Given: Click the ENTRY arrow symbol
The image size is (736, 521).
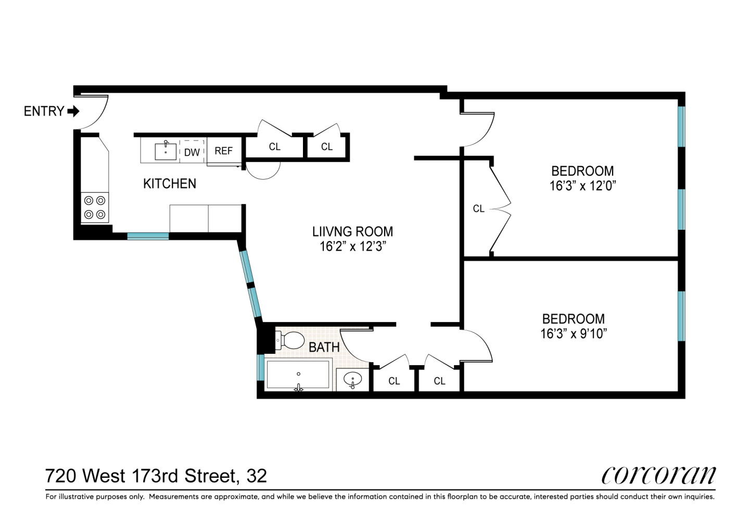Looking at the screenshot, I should (73, 111).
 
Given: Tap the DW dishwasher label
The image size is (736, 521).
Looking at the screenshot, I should (192, 153).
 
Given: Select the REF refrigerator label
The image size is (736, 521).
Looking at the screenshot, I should (223, 151).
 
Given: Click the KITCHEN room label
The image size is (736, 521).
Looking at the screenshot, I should (170, 183).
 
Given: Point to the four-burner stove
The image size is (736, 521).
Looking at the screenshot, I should (95, 207).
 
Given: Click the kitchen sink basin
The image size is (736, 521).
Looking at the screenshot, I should (166, 152).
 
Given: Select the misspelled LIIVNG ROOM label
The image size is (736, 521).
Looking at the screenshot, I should (352, 231).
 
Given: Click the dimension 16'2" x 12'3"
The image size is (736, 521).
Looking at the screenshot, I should (352, 246).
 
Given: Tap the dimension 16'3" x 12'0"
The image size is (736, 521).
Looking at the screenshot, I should (582, 186).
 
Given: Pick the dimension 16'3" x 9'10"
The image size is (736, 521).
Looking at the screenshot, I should (574, 333).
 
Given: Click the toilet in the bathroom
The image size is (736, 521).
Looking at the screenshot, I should (291, 341).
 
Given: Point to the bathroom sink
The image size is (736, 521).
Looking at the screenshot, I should (353, 379).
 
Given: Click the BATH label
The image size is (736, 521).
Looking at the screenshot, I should (324, 347).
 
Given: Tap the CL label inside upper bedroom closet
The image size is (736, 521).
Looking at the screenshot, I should (479, 209).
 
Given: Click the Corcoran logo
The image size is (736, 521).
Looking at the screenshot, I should (658, 475).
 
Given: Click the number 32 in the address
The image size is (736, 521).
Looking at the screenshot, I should (257, 476).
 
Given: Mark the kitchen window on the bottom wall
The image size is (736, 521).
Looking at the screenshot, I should (148, 236).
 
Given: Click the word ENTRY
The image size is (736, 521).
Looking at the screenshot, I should (44, 111).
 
